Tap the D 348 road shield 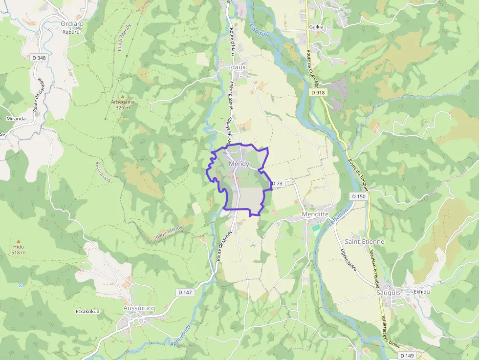(x=39, y=58)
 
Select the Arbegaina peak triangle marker (x=123, y=96)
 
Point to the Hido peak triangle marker (x=19, y=241)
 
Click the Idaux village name (x=237, y=67)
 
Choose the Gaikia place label (x=317, y=27)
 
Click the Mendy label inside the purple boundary (x=239, y=164)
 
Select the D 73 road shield (x=277, y=184)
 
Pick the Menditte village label (x=315, y=214)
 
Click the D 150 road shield (x=358, y=196)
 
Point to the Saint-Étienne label (x=365, y=241)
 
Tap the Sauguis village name (x=388, y=292)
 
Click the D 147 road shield (x=185, y=292)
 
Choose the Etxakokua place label (x=87, y=311)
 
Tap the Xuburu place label (x=71, y=32)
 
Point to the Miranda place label (x=16, y=118)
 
